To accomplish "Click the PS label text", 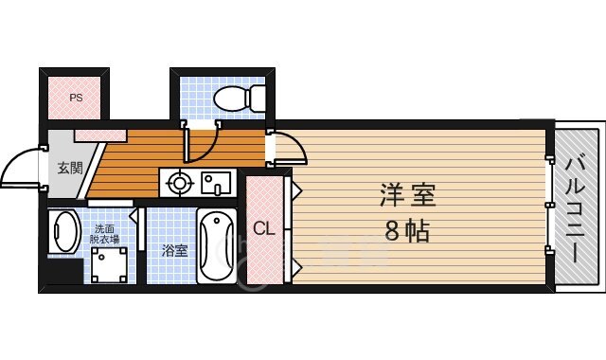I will tap(75, 97).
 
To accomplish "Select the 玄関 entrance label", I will tap(69, 170).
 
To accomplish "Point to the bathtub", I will tap(218, 244).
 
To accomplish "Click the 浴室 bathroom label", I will tap(173, 251).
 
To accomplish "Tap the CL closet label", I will tap(264, 227).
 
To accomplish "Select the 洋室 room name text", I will tap(406, 196).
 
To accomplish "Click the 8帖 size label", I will tap(406, 230).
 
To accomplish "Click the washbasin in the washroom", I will tap(65, 231).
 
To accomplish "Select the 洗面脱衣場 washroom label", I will tap(105, 235).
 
